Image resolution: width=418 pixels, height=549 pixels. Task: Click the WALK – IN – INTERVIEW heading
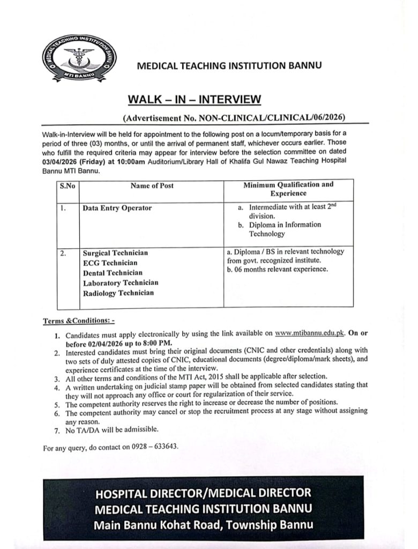point(195,99)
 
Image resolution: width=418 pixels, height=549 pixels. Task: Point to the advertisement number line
point(234,116)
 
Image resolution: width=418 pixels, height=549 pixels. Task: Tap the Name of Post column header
point(152,186)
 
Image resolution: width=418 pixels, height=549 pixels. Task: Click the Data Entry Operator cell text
point(117,208)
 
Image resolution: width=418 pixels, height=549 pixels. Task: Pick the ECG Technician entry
point(110,263)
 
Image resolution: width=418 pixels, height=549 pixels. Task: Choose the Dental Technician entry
point(113,273)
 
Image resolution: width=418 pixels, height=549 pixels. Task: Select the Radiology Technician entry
point(118,293)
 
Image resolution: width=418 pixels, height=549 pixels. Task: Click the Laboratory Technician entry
point(121,283)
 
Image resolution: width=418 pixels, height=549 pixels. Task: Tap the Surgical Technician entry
point(115,253)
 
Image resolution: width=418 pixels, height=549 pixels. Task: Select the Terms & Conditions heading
point(79,321)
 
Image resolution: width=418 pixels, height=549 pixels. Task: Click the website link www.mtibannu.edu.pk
point(309,333)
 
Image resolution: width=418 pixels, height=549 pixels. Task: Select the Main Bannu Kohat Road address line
point(203,525)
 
